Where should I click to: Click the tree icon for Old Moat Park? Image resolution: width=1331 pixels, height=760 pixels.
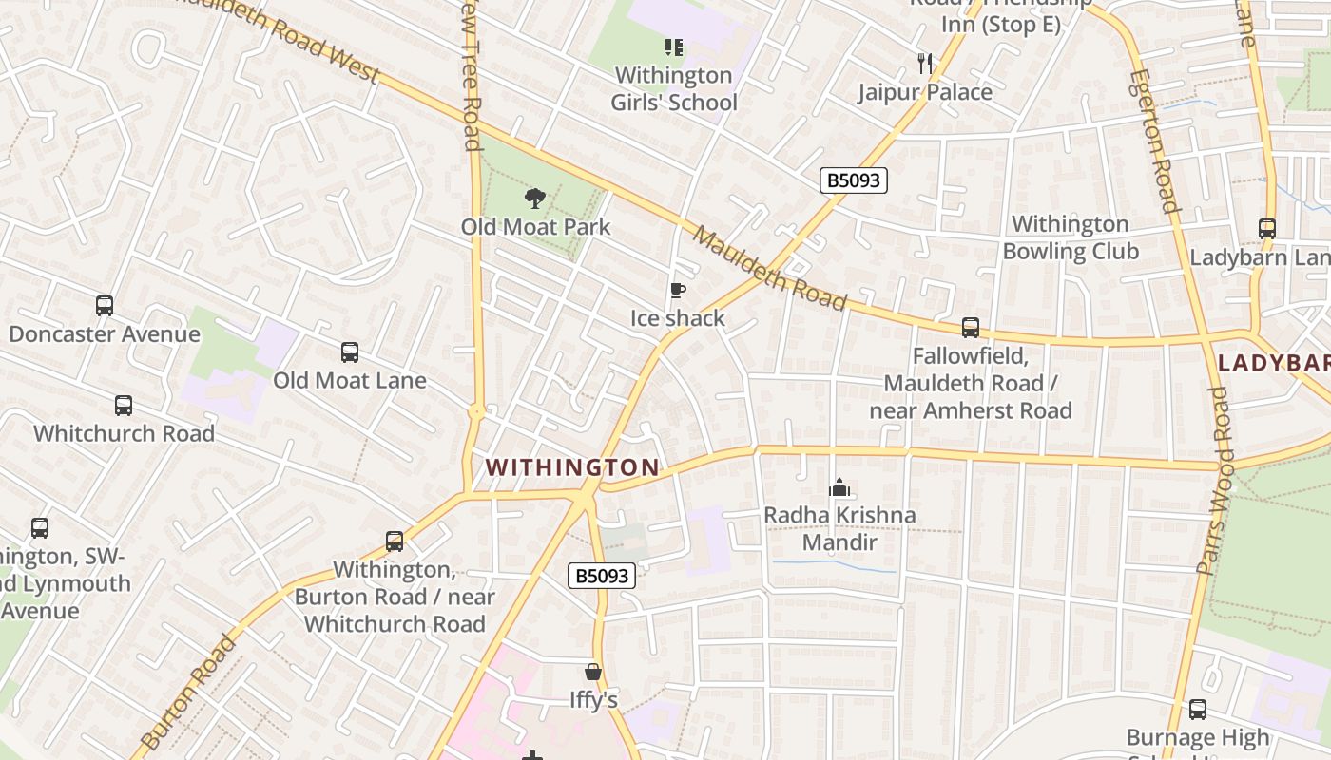535,199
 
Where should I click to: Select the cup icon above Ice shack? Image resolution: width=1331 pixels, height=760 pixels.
677,290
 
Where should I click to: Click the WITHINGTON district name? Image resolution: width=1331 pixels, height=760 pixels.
572,467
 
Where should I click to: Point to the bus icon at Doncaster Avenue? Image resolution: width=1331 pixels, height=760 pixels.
105,306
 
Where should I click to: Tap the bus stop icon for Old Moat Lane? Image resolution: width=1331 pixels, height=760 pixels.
350,352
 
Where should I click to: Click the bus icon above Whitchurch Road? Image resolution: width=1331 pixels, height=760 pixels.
124,406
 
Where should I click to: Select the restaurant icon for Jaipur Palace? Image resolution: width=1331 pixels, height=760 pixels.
925,64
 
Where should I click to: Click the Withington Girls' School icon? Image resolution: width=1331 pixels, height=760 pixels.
674,47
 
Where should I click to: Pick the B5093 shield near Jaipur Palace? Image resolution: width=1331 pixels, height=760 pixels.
854,180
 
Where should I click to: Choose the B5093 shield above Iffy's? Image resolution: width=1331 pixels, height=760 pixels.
602,576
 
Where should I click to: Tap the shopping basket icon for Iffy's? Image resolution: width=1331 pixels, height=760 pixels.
593,673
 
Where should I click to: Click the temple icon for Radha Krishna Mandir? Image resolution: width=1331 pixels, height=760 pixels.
839,488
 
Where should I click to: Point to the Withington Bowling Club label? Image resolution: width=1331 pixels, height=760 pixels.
1071,237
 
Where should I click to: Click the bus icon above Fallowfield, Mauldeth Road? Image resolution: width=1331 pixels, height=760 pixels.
971,328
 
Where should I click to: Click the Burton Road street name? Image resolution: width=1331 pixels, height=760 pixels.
187,692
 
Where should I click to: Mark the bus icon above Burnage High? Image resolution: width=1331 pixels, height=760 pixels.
1198,710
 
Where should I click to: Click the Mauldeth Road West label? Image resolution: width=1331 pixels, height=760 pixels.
276,38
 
